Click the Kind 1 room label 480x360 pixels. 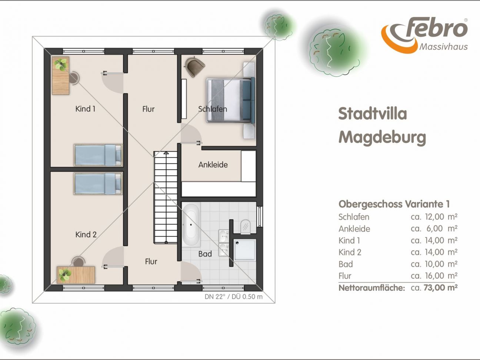coord(85,109)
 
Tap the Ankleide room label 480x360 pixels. coord(213,164)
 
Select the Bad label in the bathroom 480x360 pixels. coord(205,254)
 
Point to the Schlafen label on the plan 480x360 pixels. coord(213,109)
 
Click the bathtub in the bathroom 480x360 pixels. coord(191,225)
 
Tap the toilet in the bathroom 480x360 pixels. coord(245,227)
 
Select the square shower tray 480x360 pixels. coord(244,250)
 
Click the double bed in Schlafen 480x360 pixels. coord(231,100)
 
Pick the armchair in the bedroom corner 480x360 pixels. coord(194,66)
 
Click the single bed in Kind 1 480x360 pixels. coord(98,155)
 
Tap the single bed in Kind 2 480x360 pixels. coord(98,184)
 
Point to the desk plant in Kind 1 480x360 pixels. coord(61,64)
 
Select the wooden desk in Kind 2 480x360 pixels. coord(76,275)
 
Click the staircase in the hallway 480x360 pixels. coord(166,197)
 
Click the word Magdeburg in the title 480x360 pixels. coord(382,137)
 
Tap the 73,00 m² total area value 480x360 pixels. coord(440,287)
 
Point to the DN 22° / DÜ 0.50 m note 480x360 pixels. coord(234,297)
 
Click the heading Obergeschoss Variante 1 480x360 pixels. coord(394,204)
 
